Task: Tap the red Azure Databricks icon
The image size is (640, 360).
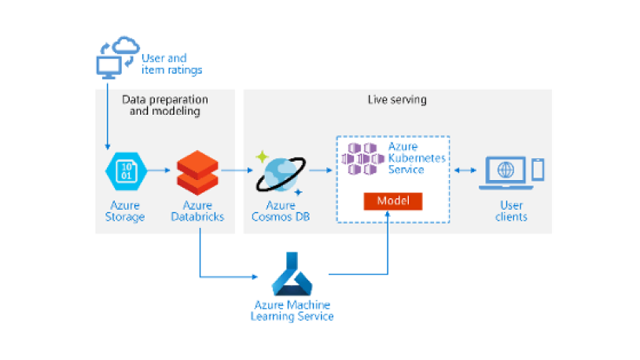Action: [195, 172]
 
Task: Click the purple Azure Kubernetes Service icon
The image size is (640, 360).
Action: [364, 160]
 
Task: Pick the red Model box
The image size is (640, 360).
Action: [393, 201]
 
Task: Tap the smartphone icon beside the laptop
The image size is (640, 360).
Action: [539, 170]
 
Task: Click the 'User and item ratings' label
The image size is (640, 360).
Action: [171, 64]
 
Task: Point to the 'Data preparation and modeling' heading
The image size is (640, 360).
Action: [165, 105]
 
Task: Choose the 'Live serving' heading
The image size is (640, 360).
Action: [397, 100]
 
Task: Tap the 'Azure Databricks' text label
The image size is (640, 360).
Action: [197, 211]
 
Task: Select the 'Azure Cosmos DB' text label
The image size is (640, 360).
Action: [280, 211]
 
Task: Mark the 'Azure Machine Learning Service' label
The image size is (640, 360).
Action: [292, 310]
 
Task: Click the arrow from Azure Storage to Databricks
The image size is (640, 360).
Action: [159, 170]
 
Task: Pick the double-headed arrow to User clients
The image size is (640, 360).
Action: [465, 170]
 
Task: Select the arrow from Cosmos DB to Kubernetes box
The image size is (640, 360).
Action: [320, 170]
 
